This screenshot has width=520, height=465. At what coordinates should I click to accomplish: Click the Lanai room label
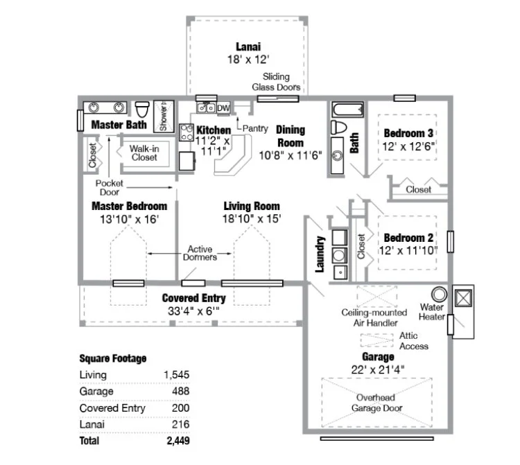(x=248, y=47)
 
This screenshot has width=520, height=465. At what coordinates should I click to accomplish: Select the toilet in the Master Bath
(x=143, y=109)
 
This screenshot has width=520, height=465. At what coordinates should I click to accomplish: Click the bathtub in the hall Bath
(x=347, y=109)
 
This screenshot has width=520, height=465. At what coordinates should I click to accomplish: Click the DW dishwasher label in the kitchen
(x=223, y=109)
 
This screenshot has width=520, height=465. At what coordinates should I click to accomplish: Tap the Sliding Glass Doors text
(x=281, y=82)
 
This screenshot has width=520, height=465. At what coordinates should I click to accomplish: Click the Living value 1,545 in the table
(x=176, y=375)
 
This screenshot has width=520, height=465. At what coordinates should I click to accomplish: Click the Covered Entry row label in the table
(x=112, y=408)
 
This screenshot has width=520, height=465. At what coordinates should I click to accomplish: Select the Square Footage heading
(x=113, y=358)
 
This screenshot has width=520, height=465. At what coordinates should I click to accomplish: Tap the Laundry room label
(x=320, y=254)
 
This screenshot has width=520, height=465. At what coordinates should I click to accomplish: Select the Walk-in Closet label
(x=144, y=152)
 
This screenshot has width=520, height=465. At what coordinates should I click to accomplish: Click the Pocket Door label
(x=109, y=188)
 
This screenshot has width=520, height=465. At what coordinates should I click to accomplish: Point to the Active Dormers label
(x=200, y=253)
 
